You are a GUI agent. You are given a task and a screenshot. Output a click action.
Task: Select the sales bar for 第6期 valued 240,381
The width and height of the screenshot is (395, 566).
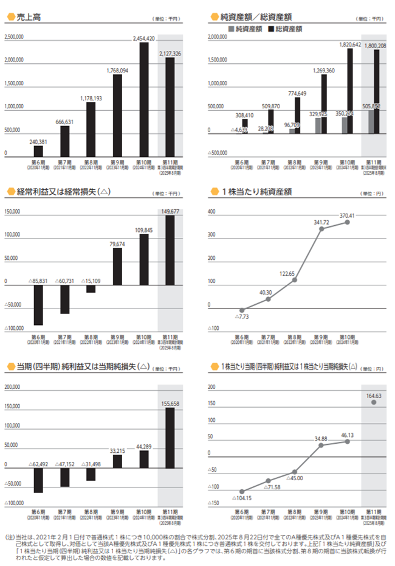coord(38,150)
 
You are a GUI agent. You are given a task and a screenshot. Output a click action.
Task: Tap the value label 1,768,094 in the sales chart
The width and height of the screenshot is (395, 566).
coord(117,71)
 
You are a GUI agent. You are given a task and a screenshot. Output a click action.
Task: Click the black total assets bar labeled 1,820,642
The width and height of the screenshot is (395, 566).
coord(349,91)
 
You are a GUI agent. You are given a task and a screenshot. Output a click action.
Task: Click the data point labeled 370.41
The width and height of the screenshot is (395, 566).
coord(348,222)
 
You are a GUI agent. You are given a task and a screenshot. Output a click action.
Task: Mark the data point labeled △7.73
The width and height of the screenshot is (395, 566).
coord(242,310)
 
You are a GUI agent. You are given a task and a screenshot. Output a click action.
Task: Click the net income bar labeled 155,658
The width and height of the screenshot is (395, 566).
coord(170,438)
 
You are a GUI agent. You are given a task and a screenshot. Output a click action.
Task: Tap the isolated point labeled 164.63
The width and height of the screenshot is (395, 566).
coord(373,404)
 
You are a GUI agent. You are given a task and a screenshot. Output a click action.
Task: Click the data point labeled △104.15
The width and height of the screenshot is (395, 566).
coord(242,491)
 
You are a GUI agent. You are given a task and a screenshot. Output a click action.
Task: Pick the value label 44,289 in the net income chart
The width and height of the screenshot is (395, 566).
coord(143,447)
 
